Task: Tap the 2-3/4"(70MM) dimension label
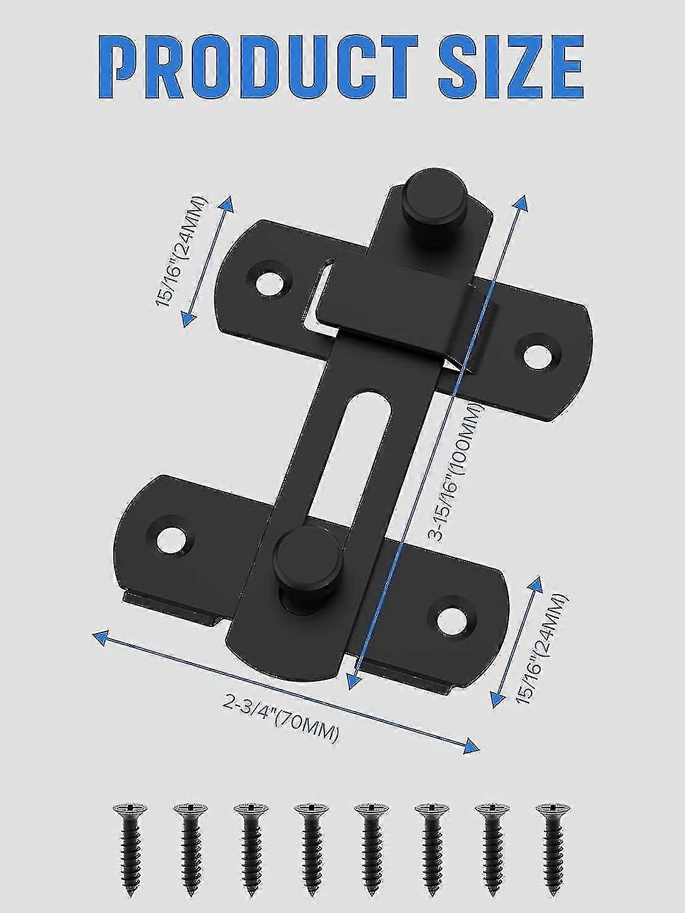tap(281, 718)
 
